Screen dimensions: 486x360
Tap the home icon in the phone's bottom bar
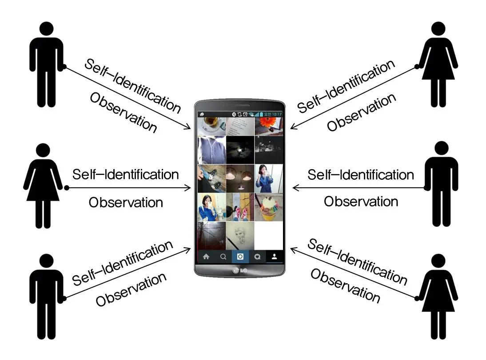(x=206, y=256)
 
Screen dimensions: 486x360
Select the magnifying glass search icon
(x=223, y=256)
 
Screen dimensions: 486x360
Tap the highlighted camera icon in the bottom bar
(x=240, y=256)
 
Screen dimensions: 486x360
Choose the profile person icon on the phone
(x=274, y=256)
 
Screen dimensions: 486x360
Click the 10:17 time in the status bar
(x=277, y=115)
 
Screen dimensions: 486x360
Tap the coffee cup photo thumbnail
(x=211, y=126)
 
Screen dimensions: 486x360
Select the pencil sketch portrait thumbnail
(x=240, y=235)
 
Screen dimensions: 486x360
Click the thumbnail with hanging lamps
(x=240, y=178)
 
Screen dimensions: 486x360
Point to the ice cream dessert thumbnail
(x=269, y=207)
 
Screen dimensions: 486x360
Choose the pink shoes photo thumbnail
(x=240, y=207)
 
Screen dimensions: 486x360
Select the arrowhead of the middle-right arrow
(x=295, y=188)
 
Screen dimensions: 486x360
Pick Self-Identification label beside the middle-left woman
(x=126, y=174)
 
